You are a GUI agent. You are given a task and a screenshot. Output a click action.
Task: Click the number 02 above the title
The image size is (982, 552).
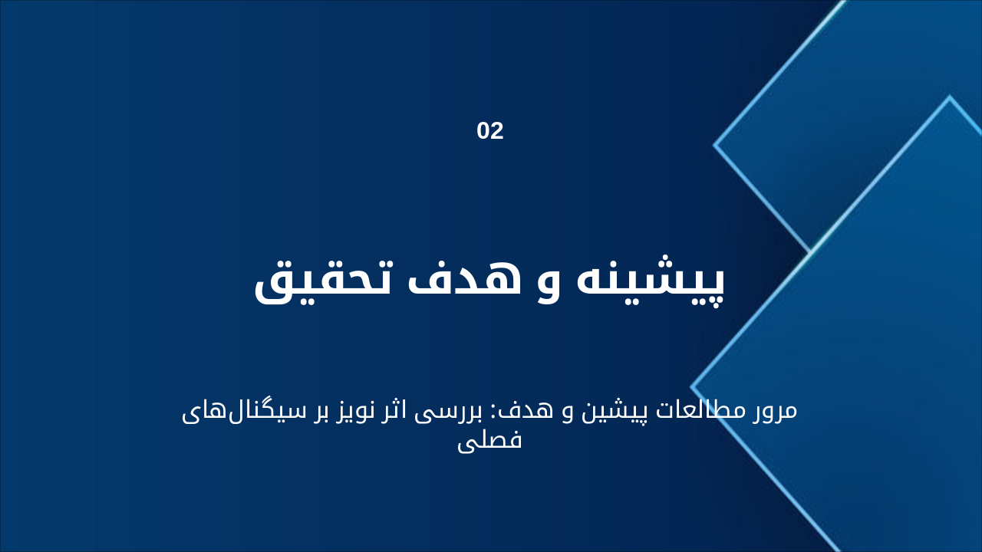pyautogui.click(x=490, y=131)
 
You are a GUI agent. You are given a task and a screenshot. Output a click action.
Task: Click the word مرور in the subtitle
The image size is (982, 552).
pyautogui.click(x=773, y=409)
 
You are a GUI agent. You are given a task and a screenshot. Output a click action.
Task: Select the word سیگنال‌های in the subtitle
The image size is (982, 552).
pyautogui.click(x=237, y=410)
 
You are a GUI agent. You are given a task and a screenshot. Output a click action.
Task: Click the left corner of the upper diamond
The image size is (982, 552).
pyautogui.click(x=715, y=144)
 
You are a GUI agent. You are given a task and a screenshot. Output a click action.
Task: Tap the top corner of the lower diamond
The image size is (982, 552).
pyautogui.click(x=950, y=97)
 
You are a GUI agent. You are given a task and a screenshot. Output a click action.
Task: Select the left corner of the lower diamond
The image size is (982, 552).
pyautogui.click(x=692, y=388)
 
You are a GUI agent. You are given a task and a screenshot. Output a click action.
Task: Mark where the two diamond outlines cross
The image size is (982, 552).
pyautogui.click(x=809, y=251)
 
